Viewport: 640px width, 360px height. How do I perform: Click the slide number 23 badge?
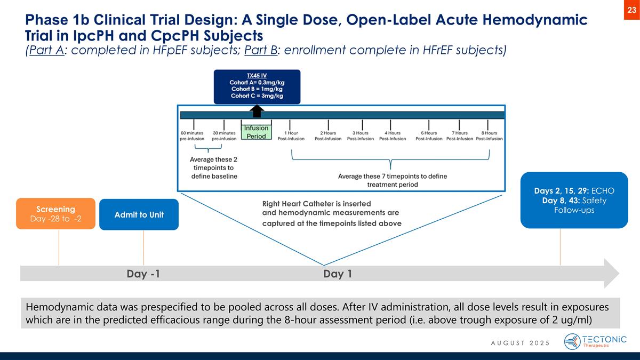(631, 10)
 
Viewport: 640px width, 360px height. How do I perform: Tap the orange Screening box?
(55, 213)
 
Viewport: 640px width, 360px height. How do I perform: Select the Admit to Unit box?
(139, 214)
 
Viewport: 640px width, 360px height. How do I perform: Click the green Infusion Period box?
(256, 132)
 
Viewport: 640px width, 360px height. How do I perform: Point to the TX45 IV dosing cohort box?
(257, 86)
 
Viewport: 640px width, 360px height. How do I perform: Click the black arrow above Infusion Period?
(257, 110)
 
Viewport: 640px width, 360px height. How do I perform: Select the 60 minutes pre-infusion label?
(192, 135)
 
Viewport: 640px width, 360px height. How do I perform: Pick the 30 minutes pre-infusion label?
(224, 135)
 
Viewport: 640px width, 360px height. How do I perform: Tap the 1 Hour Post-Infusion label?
(291, 135)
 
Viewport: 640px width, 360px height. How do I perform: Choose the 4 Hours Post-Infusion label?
(393, 135)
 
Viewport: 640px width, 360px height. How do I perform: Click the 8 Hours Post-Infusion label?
(490, 135)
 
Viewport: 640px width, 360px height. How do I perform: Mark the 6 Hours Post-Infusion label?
(429, 135)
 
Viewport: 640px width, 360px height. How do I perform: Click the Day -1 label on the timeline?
(143, 274)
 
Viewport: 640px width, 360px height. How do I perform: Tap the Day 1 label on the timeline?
(338, 274)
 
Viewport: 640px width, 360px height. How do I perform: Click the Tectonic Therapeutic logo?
(595, 341)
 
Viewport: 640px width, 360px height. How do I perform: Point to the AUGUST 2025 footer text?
(520, 342)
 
